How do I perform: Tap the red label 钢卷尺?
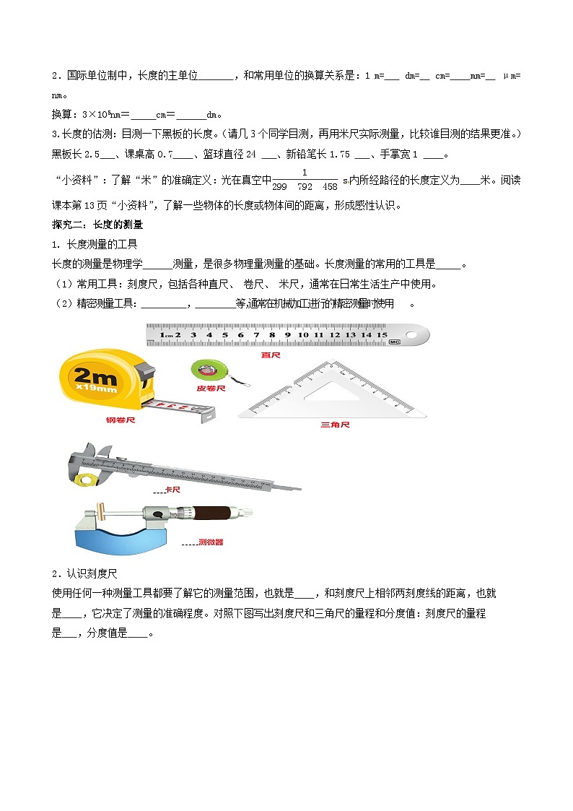coord(121,420)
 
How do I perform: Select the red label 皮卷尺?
coord(211,388)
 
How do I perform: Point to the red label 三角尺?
coord(335,425)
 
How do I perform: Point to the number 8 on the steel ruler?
coord(272,335)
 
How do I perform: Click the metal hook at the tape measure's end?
coord(208,414)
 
